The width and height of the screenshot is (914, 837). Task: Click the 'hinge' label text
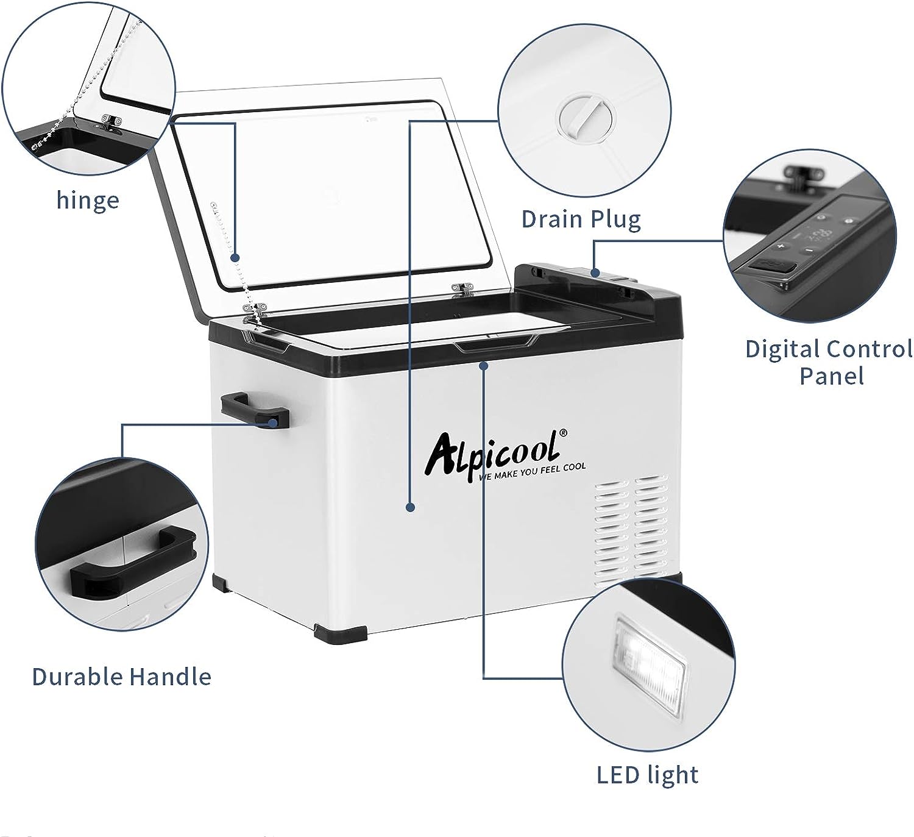(88, 200)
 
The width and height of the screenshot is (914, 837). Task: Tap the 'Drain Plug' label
(581, 219)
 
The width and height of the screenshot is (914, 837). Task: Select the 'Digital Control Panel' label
(829, 362)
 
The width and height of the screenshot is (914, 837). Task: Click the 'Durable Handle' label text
(122, 677)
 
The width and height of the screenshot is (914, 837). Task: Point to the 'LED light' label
(648, 775)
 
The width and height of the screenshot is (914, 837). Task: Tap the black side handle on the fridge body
(255, 411)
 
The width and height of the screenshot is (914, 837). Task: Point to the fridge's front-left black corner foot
(341, 632)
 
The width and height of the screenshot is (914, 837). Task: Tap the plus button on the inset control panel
(781, 246)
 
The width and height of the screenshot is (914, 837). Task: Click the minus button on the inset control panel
(809, 250)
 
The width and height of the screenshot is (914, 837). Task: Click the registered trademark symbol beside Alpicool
(563, 433)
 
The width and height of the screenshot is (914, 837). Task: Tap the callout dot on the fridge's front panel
(410, 507)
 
